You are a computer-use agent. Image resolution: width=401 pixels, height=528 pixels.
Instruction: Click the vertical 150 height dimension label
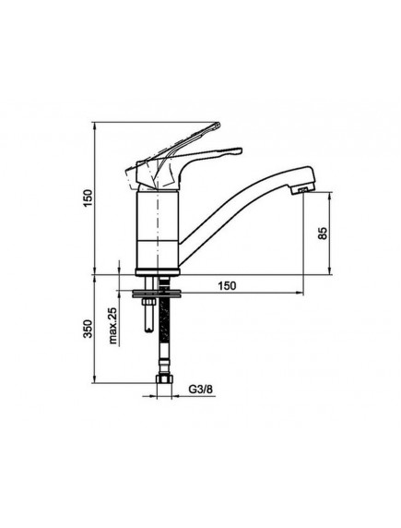pyautogui.click(x=88, y=198)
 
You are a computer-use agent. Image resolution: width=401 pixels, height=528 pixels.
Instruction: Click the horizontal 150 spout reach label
pyautogui.click(x=227, y=285)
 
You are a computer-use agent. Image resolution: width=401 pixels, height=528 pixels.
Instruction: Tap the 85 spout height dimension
pyautogui.click(x=322, y=233)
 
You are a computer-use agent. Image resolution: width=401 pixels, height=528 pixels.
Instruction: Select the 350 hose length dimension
pyautogui.click(x=88, y=329)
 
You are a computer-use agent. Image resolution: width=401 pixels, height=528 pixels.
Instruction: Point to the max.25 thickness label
pyautogui.click(x=113, y=326)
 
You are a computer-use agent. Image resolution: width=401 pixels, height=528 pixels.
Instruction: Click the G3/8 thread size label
pyautogui.click(x=200, y=390)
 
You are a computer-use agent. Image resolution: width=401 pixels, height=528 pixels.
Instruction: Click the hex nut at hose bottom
pyautogui.click(x=164, y=379)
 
